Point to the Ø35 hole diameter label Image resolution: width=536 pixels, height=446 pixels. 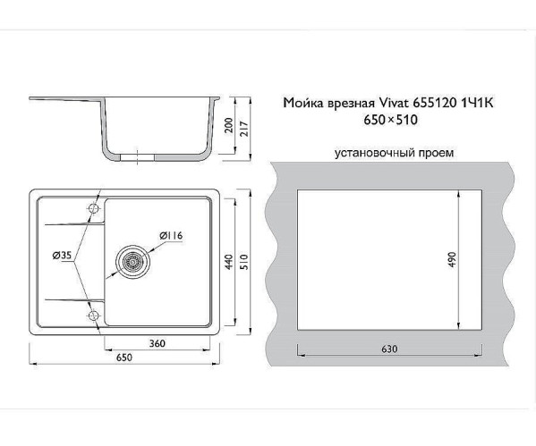[62, 257]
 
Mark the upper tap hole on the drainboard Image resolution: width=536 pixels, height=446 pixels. [93, 209]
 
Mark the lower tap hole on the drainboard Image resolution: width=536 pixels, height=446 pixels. [93, 314]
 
